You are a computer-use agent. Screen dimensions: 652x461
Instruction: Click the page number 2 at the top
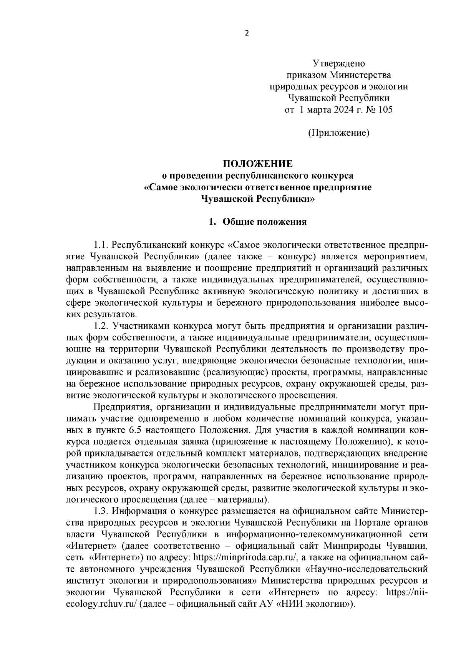pos(247,33)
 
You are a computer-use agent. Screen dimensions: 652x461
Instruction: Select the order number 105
pos(385,110)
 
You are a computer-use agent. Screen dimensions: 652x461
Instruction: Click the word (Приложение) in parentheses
pos(338,133)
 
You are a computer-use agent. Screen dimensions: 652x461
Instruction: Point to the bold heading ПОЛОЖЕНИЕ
pos(258,164)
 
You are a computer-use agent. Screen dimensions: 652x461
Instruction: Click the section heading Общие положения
pos(265,222)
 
